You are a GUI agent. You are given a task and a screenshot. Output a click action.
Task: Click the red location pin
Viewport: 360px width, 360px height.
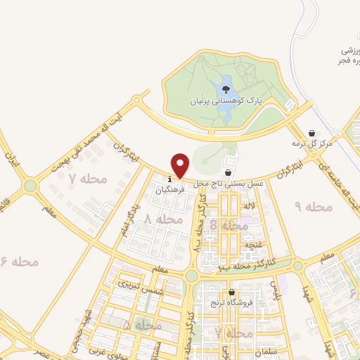coord(181,165)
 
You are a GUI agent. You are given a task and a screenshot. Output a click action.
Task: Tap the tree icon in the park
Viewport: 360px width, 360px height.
coord(226,89)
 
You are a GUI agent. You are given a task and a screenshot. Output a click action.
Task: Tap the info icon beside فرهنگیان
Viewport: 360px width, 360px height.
coord(170,177)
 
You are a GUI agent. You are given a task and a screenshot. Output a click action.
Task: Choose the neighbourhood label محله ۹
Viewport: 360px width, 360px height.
coord(312,207)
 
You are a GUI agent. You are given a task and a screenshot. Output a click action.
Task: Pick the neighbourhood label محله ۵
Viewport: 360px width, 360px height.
coord(138,326)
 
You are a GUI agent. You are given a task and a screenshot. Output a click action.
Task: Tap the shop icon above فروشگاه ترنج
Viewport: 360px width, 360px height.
coord(231,292)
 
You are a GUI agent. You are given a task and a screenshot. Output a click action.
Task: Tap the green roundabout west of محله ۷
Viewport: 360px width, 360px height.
coord(30,186)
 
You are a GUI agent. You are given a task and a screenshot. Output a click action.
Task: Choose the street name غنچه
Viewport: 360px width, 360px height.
coord(253,245)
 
